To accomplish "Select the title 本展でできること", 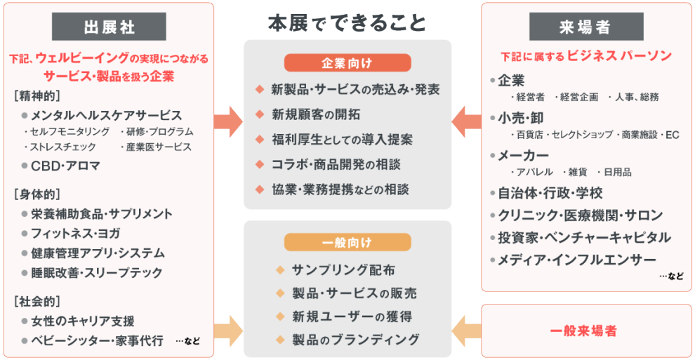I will pos(347,23).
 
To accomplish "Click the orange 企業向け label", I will pos(347,63).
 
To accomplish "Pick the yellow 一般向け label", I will pos(347,243).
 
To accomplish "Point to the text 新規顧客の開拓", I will pos(315,114).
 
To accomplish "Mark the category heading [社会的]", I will pos(37,302).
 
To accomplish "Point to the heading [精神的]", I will pos(37,95).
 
